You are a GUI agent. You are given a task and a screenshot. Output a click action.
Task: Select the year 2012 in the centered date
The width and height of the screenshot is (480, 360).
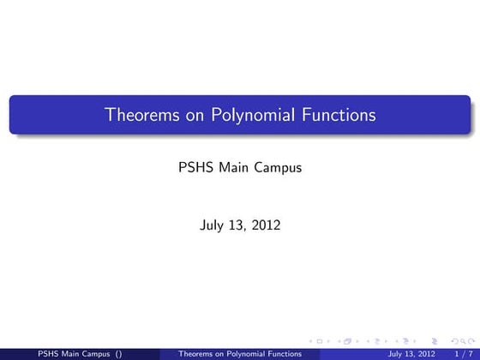[266, 226]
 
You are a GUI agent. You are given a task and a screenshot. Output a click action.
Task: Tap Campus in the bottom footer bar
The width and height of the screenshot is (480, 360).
[94, 352]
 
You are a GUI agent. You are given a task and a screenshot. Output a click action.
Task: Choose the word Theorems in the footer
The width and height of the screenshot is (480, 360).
[195, 352]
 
